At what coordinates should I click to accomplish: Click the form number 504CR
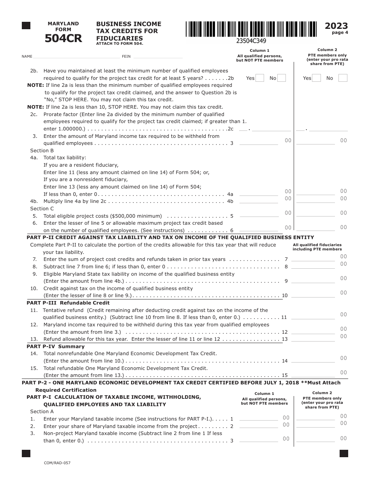(63, 39)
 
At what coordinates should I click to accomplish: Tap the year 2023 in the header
(336, 26)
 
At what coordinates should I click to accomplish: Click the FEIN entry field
(158, 56)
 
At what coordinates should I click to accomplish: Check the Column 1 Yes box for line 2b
(260, 78)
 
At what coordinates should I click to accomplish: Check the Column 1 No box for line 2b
(282, 78)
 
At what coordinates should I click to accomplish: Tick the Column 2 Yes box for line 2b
(317, 78)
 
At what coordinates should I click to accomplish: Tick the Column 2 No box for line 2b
(343, 78)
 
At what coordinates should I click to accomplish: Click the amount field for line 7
(313, 259)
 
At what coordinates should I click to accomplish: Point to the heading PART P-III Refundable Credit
(68, 303)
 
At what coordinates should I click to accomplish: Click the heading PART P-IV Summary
(56, 346)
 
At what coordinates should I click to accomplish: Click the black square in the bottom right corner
(344, 453)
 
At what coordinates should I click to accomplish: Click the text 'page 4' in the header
(340, 33)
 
